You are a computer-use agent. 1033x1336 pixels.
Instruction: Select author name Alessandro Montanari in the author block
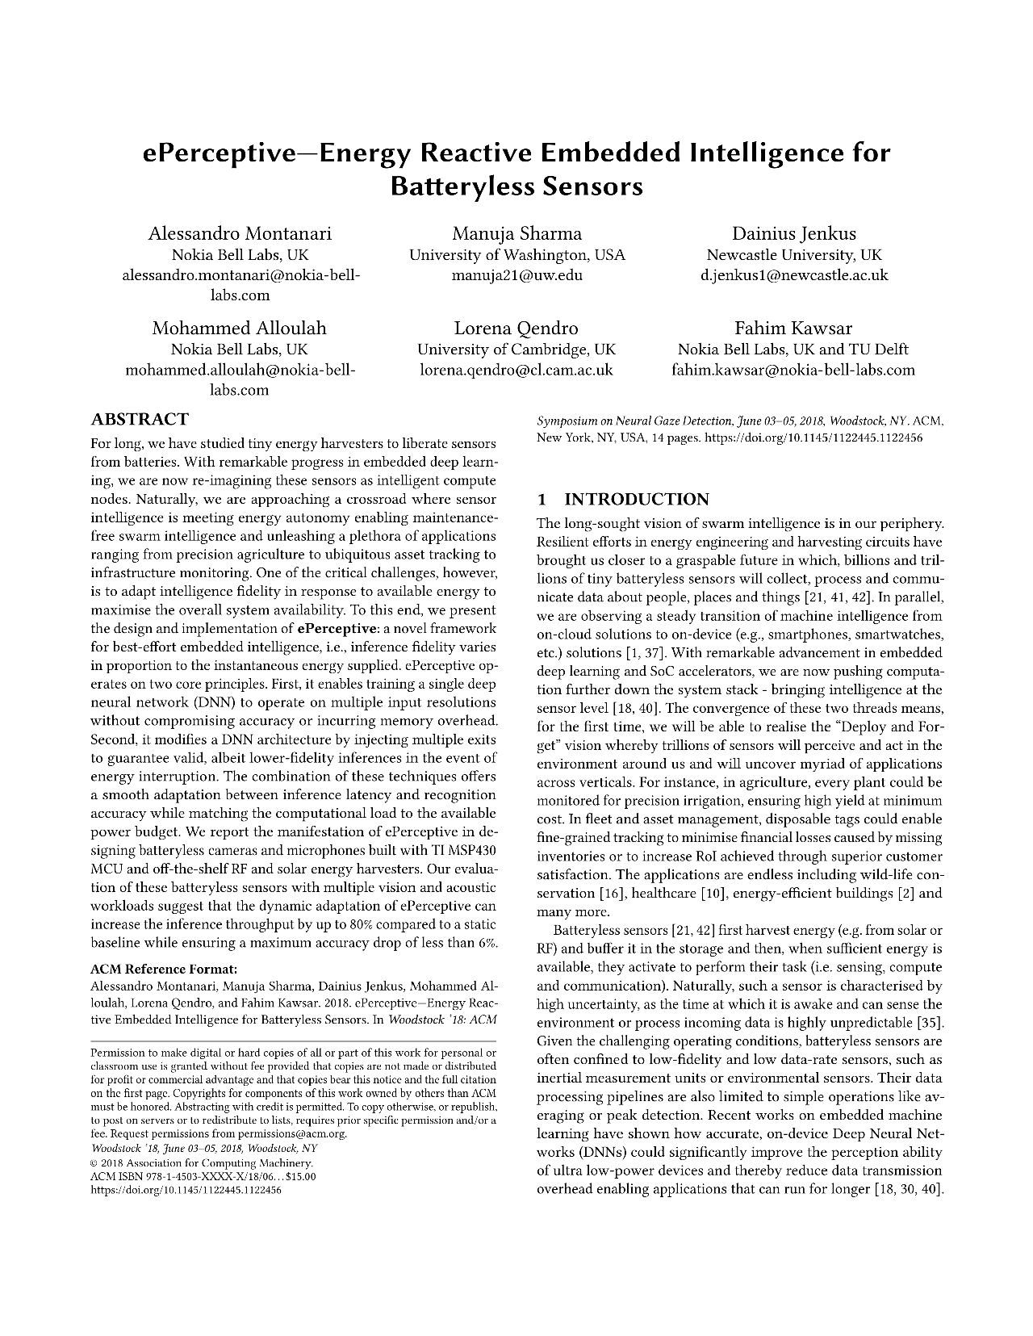[240, 234]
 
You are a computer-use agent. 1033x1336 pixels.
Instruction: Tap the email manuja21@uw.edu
[516, 275]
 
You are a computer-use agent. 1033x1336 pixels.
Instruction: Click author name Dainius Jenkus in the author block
[793, 234]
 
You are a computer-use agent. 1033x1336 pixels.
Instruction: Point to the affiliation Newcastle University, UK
[793, 255]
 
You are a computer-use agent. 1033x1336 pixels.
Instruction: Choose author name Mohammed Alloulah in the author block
[240, 329]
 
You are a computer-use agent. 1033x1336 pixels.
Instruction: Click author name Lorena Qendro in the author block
[516, 329]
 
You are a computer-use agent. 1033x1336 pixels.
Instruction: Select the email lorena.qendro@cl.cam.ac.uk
[516, 371]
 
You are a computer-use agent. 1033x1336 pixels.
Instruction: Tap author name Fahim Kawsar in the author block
[793, 329]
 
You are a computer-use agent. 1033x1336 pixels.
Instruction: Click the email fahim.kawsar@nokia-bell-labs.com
[793, 371]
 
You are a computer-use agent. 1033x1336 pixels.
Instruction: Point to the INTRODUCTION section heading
[636, 499]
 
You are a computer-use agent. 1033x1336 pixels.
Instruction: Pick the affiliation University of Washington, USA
[516, 255]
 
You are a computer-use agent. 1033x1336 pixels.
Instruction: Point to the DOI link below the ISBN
[186, 1190]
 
